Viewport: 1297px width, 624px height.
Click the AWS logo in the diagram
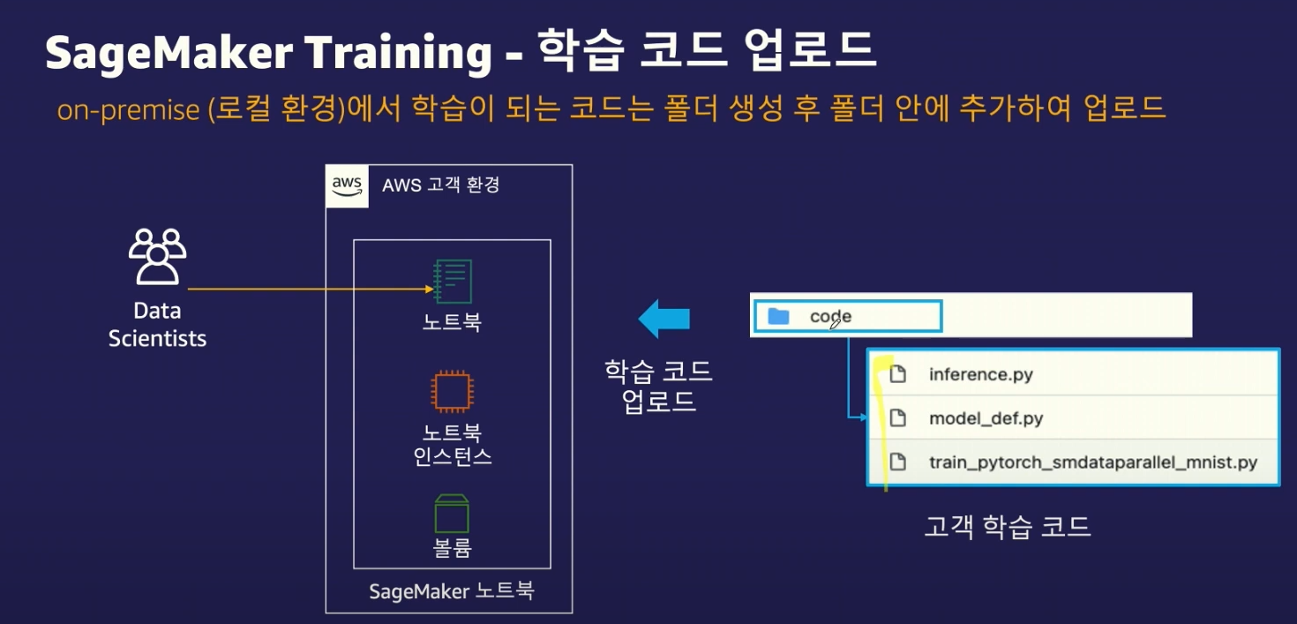pos(347,186)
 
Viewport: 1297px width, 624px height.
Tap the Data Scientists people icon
pos(157,256)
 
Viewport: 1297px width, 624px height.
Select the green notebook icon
pos(453,281)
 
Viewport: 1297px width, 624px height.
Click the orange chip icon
pos(452,391)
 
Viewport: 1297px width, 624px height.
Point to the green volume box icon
pos(452,513)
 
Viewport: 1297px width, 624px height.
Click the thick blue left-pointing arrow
pos(663,319)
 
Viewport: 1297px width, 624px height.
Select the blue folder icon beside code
pos(778,316)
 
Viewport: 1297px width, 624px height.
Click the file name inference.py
pos(980,374)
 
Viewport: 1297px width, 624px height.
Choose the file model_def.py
pos(986,418)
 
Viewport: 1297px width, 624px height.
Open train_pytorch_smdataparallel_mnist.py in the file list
pos(1092,462)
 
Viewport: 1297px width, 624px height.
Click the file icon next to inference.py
pos(897,374)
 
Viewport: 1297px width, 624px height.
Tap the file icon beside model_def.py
pos(897,418)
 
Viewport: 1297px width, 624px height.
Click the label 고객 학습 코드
pos(1007,527)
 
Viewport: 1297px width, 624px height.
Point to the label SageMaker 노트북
pos(451,590)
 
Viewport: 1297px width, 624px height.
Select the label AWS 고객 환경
pos(440,186)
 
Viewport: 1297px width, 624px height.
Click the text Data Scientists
pos(157,324)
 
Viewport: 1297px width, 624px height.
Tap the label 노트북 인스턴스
pos(452,444)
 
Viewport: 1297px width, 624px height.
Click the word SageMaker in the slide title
pos(169,54)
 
